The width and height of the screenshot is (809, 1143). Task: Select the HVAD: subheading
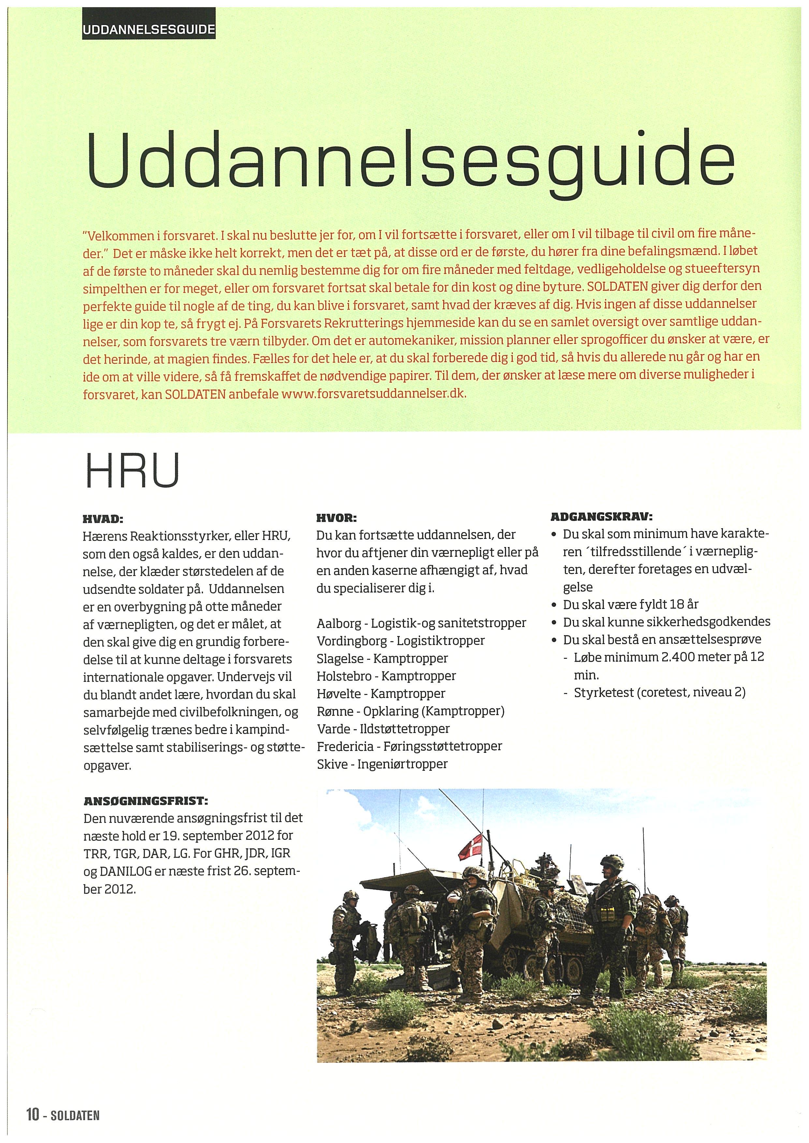pos(102,519)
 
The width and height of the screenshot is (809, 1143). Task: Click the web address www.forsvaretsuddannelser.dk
pos(373,394)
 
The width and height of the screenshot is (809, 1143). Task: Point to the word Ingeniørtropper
pos(403,764)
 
